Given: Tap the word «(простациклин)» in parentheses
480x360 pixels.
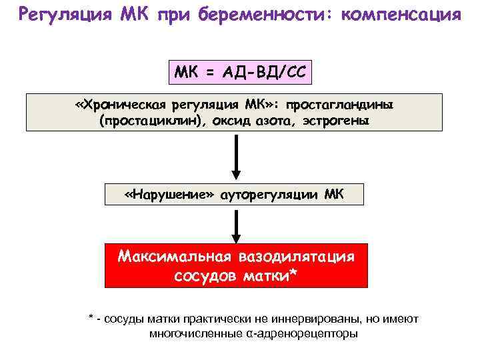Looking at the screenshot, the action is (x=146, y=121).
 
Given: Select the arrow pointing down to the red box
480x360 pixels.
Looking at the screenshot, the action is (x=237, y=226).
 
